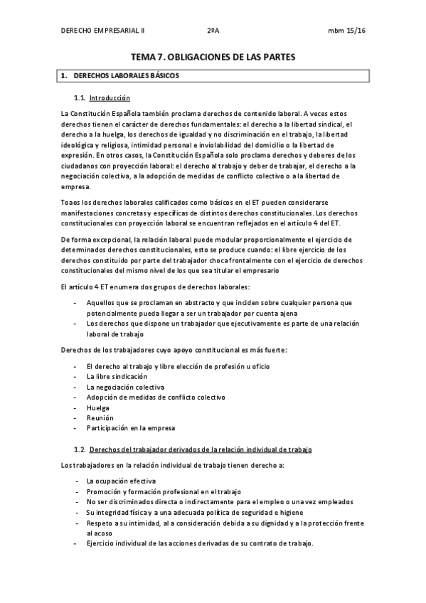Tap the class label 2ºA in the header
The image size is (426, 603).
point(213,31)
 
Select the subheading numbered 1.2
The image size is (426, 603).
point(200,450)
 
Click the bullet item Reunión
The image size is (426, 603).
point(100,418)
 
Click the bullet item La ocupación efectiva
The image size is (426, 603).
point(119,481)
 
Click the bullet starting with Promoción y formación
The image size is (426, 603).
point(164,492)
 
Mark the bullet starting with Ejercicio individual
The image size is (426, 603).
point(200,544)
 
